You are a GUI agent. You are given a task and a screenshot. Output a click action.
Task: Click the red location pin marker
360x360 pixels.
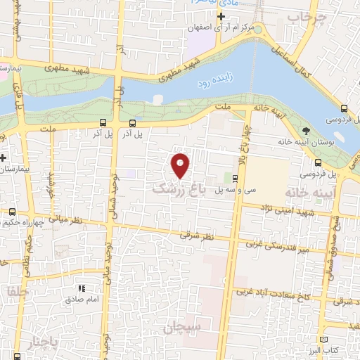[x=181, y=166]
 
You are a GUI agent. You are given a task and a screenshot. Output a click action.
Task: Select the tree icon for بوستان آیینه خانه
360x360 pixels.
[x=305, y=131]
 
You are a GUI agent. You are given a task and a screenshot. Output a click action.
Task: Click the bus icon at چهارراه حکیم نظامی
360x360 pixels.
[x=13, y=212]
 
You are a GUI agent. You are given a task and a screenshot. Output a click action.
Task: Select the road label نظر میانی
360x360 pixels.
[x=67, y=220]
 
